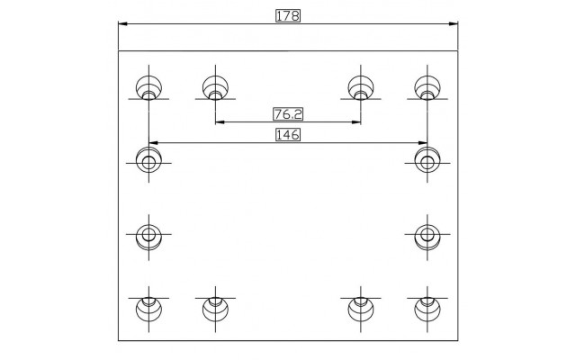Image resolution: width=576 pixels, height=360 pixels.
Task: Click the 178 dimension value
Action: coord(288,16)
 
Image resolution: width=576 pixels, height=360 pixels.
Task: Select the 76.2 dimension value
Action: coord(288,114)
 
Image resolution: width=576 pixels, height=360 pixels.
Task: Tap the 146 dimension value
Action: coord(288,135)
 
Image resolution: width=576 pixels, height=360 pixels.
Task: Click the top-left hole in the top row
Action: coord(148,88)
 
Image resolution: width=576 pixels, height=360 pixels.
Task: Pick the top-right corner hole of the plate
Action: coord(427,88)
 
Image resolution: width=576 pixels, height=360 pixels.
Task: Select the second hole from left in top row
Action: coord(215,88)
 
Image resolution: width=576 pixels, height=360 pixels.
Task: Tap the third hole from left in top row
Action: coord(361,88)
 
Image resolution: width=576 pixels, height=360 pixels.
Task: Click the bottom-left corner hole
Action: coord(148,309)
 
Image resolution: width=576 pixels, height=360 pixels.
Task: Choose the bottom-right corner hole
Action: coord(427,309)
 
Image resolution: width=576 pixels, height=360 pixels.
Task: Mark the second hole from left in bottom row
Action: coord(215,309)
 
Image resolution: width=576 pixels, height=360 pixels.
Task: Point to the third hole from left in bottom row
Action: coord(361,309)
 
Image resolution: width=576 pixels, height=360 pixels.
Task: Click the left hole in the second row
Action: coord(148,160)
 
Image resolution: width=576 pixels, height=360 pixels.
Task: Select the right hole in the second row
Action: coord(427,160)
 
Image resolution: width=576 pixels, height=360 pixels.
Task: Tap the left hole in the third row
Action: coord(148,237)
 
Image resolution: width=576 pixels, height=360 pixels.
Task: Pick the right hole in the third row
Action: coord(427,237)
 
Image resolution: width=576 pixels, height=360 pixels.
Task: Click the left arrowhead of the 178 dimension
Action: coord(122,24)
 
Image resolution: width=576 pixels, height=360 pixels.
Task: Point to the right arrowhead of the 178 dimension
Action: coord(454,24)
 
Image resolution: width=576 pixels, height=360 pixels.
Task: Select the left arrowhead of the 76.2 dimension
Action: coord(220,122)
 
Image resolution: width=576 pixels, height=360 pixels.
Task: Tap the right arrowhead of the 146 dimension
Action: coord(422,142)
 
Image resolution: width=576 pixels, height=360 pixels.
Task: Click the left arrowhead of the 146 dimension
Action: coord(154,142)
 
